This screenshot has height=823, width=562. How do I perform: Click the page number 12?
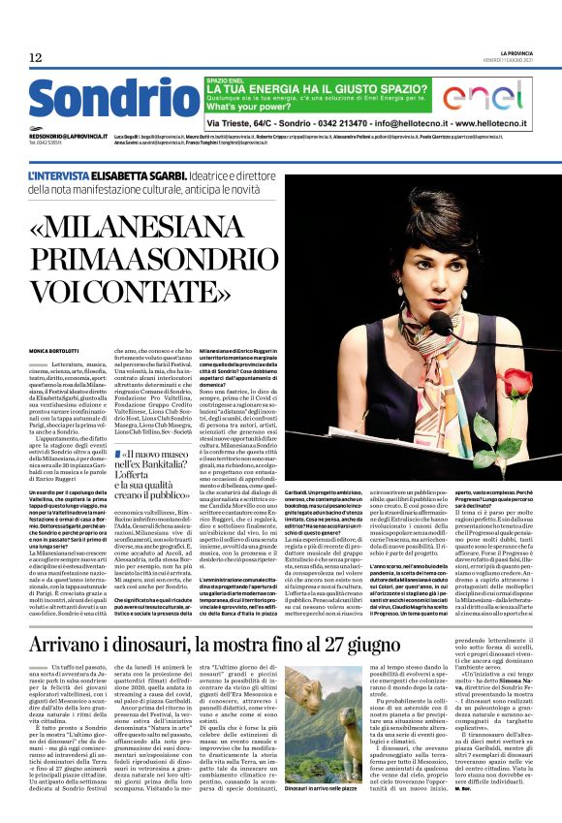click(x=35, y=58)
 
